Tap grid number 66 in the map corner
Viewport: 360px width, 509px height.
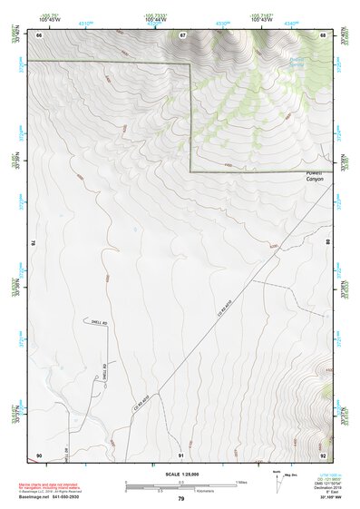point(40,34)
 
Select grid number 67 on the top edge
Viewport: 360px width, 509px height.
point(182,34)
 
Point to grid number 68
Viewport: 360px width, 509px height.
point(323,34)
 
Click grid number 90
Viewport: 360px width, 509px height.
point(40,454)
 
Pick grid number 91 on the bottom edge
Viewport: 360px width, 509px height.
point(181,454)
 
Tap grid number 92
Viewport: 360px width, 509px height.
point(323,454)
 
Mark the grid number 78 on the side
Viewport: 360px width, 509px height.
point(34,243)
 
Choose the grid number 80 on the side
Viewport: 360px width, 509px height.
point(328,243)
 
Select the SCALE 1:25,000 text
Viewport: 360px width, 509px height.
point(180,475)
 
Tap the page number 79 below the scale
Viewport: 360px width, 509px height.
point(180,499)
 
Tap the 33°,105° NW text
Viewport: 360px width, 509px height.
point(329,499)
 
